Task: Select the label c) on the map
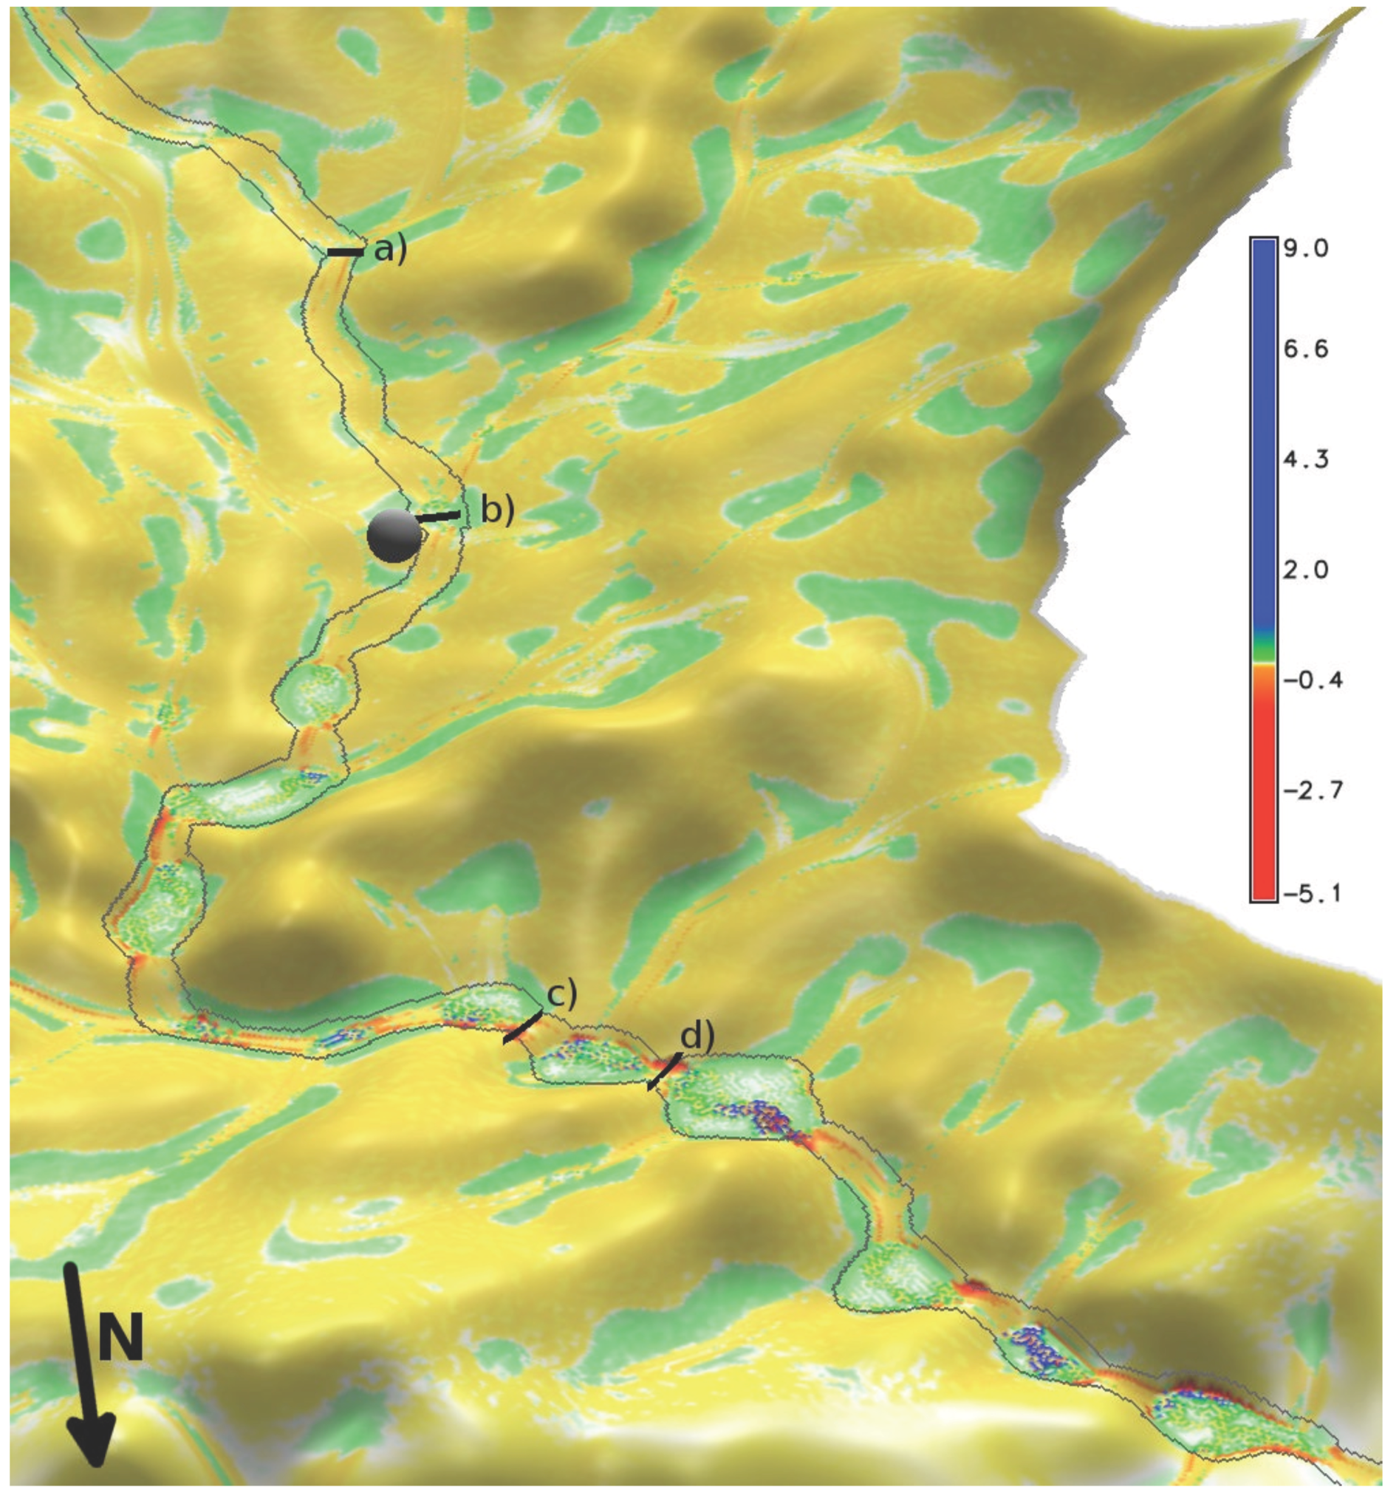tap(561, 995)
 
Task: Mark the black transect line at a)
tap(344, 252)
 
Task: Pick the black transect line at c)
tap(523, 1028)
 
